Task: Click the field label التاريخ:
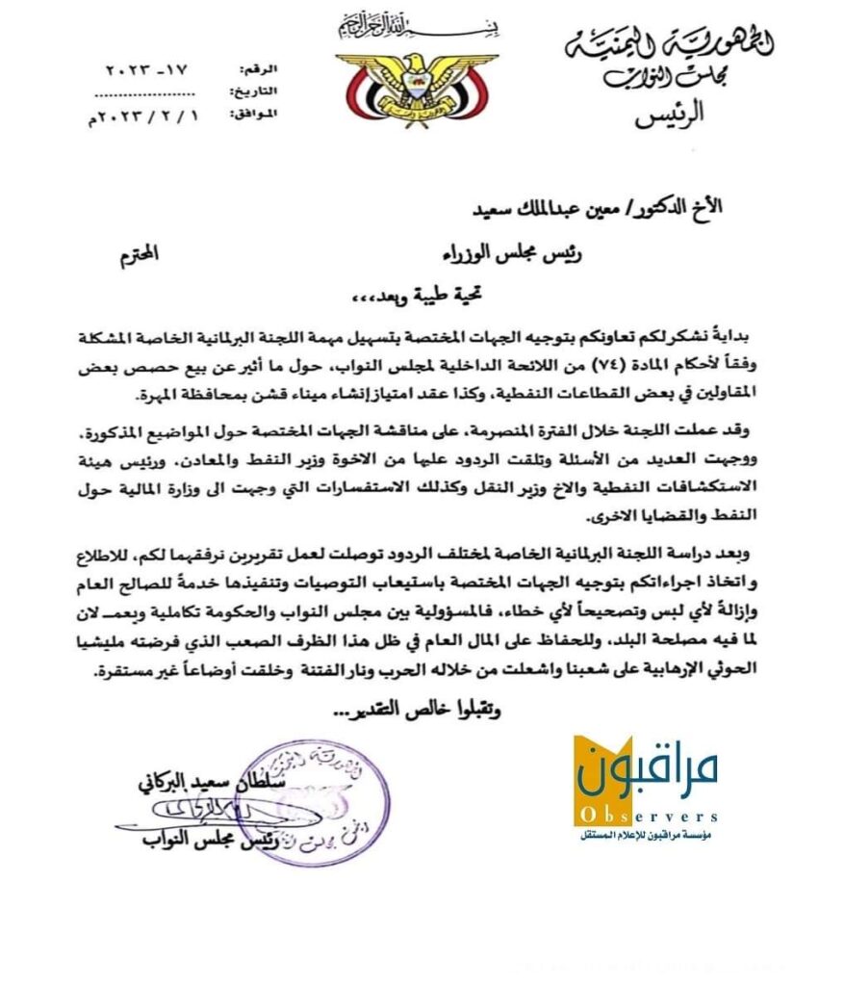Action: tap(253, 92)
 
